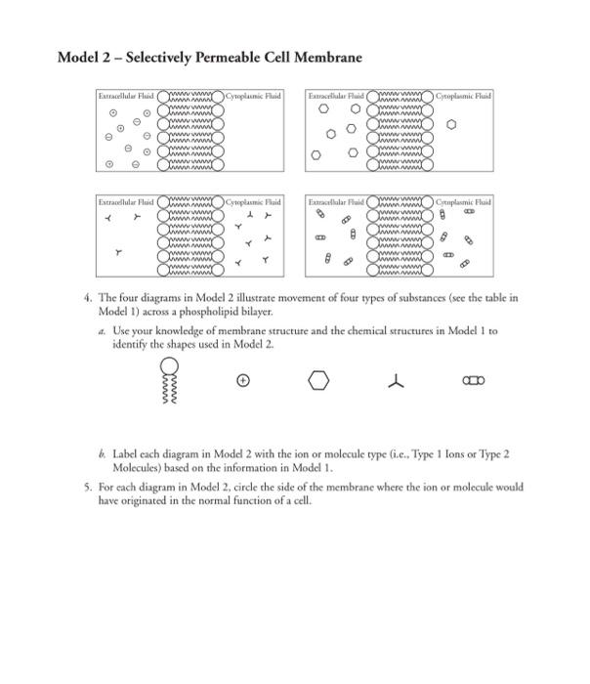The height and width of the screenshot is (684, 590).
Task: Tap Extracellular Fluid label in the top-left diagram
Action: (x=123, y=98)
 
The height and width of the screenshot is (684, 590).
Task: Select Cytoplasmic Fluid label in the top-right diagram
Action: (x=463, y=98)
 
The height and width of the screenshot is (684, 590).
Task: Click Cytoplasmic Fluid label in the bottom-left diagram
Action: (x=253, y=201)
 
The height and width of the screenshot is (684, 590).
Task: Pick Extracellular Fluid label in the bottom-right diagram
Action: (x=336, y=201)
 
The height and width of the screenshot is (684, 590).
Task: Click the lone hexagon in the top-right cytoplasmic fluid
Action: (x=451, y=124)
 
